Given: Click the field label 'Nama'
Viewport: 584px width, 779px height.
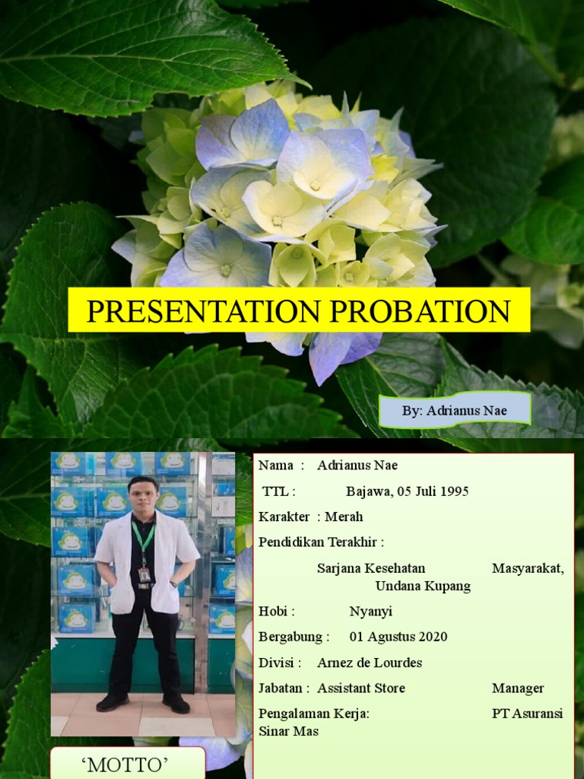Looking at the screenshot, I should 275,466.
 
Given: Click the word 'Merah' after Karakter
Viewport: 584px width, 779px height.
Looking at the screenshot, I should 344,517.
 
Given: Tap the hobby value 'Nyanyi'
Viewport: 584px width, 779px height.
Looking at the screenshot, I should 370,612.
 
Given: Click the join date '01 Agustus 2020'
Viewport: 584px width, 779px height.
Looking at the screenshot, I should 398,638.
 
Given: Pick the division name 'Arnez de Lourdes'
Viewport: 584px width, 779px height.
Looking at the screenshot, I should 370,663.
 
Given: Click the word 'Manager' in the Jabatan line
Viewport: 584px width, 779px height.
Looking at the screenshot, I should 518,688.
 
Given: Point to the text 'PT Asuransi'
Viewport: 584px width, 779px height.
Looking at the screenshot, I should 528,714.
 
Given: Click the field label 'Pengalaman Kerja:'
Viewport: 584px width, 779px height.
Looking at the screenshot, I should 314,714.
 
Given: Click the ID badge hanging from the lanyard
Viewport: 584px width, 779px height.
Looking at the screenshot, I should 144,574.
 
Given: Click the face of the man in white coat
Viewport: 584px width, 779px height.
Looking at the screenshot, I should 143,497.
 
